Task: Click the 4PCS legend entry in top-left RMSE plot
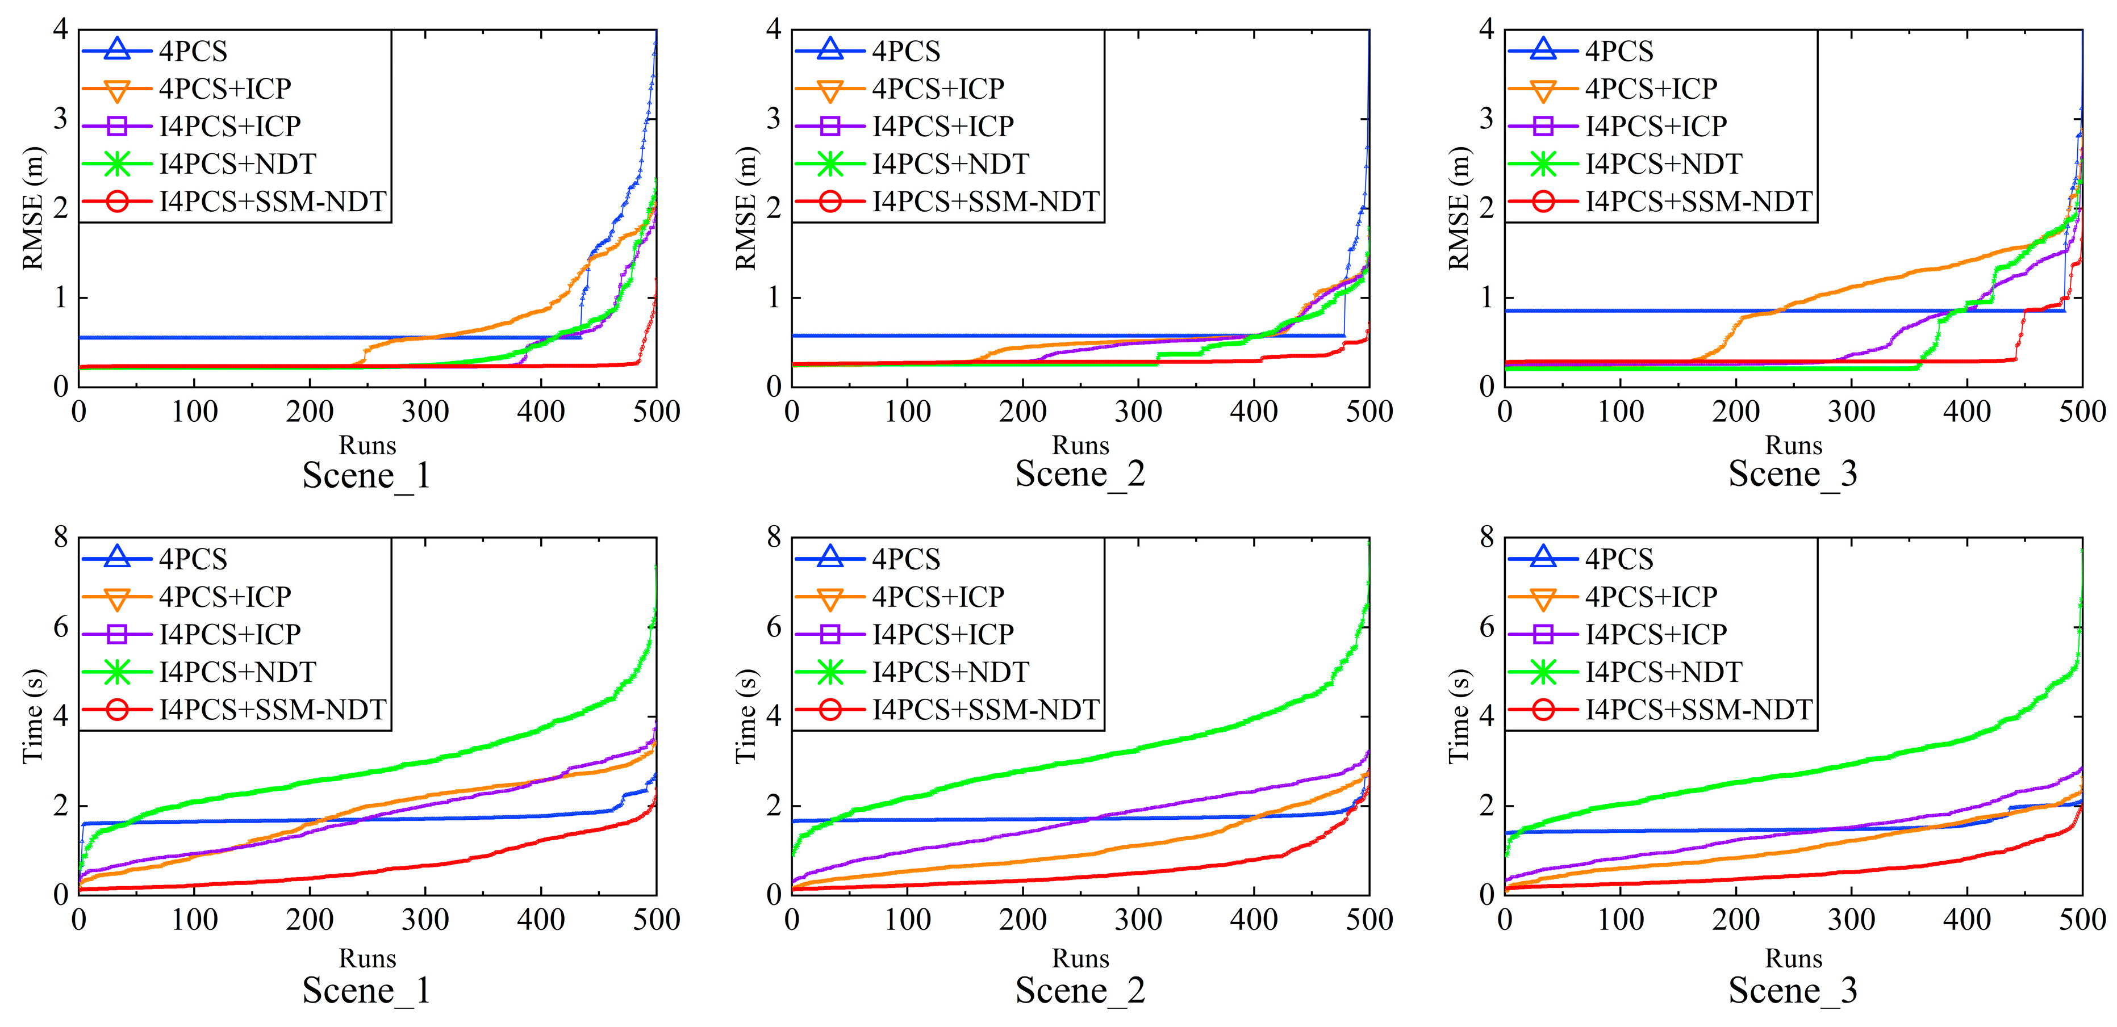pos(193,51)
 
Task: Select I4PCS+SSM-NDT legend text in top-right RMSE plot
pos(1699,202)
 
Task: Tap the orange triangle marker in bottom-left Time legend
pos(116,597)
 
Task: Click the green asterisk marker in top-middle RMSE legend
pos(830,164)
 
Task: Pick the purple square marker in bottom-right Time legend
pos(1543,634)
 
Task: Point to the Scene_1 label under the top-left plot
pos(366,475)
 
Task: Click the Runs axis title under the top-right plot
pos(1793,445)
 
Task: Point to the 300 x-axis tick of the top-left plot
pos(425,411)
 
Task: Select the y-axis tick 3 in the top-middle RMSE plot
pos(773,119)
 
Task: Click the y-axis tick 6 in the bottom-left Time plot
pos(60,628)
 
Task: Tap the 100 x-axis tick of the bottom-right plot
pos(1620,919)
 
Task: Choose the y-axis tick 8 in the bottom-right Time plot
pos(1486,538)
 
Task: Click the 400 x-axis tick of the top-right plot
pos(1966,411)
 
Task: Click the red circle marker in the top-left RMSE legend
pos(116,202)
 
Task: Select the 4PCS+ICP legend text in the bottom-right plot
pos(1651,597)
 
